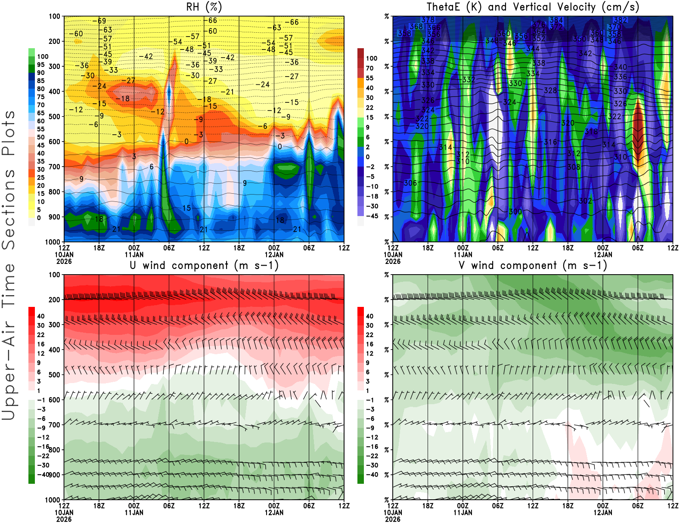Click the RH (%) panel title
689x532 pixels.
(x=204, y=7)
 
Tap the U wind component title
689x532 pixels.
(x=204, y=265)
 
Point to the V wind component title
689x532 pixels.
(x=533, y=265)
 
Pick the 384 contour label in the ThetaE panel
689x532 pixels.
(x=556, y=20)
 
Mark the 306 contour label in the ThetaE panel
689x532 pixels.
(x=410, y=183)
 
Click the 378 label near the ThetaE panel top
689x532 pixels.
(x=428, y=19)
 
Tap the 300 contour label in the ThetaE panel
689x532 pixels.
(x=515, y=211)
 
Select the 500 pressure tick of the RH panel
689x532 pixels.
(x=54, y=117)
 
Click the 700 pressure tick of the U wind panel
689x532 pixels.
(x=54, y=425)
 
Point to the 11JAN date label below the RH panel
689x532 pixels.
(x=134, y=254)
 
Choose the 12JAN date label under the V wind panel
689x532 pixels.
(x=602, y=513)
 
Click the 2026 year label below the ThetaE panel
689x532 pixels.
(x=392, y=261)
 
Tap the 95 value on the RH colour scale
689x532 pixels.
(x=40, y=65)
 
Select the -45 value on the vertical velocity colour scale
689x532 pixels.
(x=372, y=216)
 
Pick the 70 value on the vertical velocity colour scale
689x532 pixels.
(x=369, y=68)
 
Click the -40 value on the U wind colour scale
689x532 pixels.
(x=43, y=474)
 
